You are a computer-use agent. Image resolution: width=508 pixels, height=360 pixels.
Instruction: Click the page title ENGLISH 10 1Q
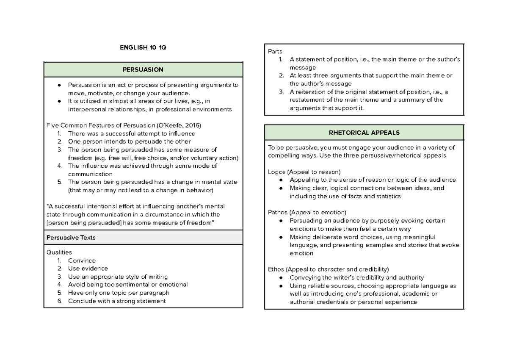[x=143, y=47]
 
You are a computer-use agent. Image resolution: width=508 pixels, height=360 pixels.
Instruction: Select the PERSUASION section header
[x=143, y=69]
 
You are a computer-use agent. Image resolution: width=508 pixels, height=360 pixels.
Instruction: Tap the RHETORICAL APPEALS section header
[x=364, y=133]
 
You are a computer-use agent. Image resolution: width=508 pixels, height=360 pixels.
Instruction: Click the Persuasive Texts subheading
[x=71, y=238]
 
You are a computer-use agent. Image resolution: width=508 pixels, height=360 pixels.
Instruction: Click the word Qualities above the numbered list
[x=59, y=252]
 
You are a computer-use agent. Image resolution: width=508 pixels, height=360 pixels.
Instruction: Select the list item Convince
[x=82, y=260]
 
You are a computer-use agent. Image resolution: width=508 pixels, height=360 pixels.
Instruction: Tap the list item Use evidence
[x=88, y=269]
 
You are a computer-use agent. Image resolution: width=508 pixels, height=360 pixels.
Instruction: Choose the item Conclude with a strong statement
[x=117, y=301]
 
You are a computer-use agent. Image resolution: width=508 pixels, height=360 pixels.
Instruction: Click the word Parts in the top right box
[x=275, y=52]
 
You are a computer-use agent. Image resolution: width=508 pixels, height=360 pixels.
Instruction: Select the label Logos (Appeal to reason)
[x=304, y=172]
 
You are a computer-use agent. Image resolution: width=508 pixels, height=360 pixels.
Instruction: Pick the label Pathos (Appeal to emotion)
[x=307, y=212]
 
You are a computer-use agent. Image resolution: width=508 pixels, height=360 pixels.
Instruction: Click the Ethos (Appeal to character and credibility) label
[x=328, y=269]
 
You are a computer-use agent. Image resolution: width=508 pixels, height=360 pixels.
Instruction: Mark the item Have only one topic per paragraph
[x=119, y=293]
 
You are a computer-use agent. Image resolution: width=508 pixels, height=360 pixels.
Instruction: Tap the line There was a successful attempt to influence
[x=131, y=133]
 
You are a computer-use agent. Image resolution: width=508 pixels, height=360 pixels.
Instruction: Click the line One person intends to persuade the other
[x=129, y=141]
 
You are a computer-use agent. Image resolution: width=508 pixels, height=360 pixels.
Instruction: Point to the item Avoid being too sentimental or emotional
[x=127, y=285]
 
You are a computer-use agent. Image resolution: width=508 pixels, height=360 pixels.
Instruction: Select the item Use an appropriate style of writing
[x=118, y=277]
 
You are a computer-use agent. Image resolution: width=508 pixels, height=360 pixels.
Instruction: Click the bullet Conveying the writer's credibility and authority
[x=356, y=278]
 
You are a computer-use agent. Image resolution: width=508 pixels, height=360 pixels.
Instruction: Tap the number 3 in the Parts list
[x=282, y=92]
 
